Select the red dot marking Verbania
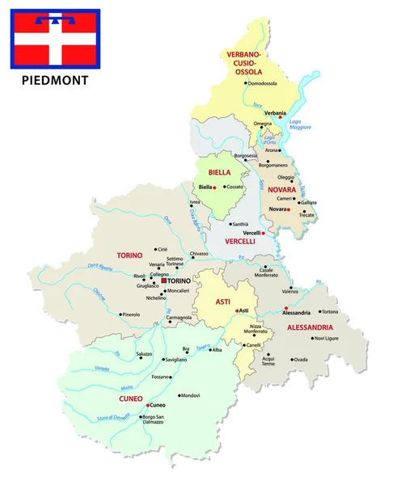(x=279, y=116)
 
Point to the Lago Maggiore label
(x=301, y=124)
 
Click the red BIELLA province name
(x=219, y=172)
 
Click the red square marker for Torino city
(x=164, y=280)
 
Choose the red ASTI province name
(x=222, y=302)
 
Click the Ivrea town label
(x=194, y=201)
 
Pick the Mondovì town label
(x=190, y=395)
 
